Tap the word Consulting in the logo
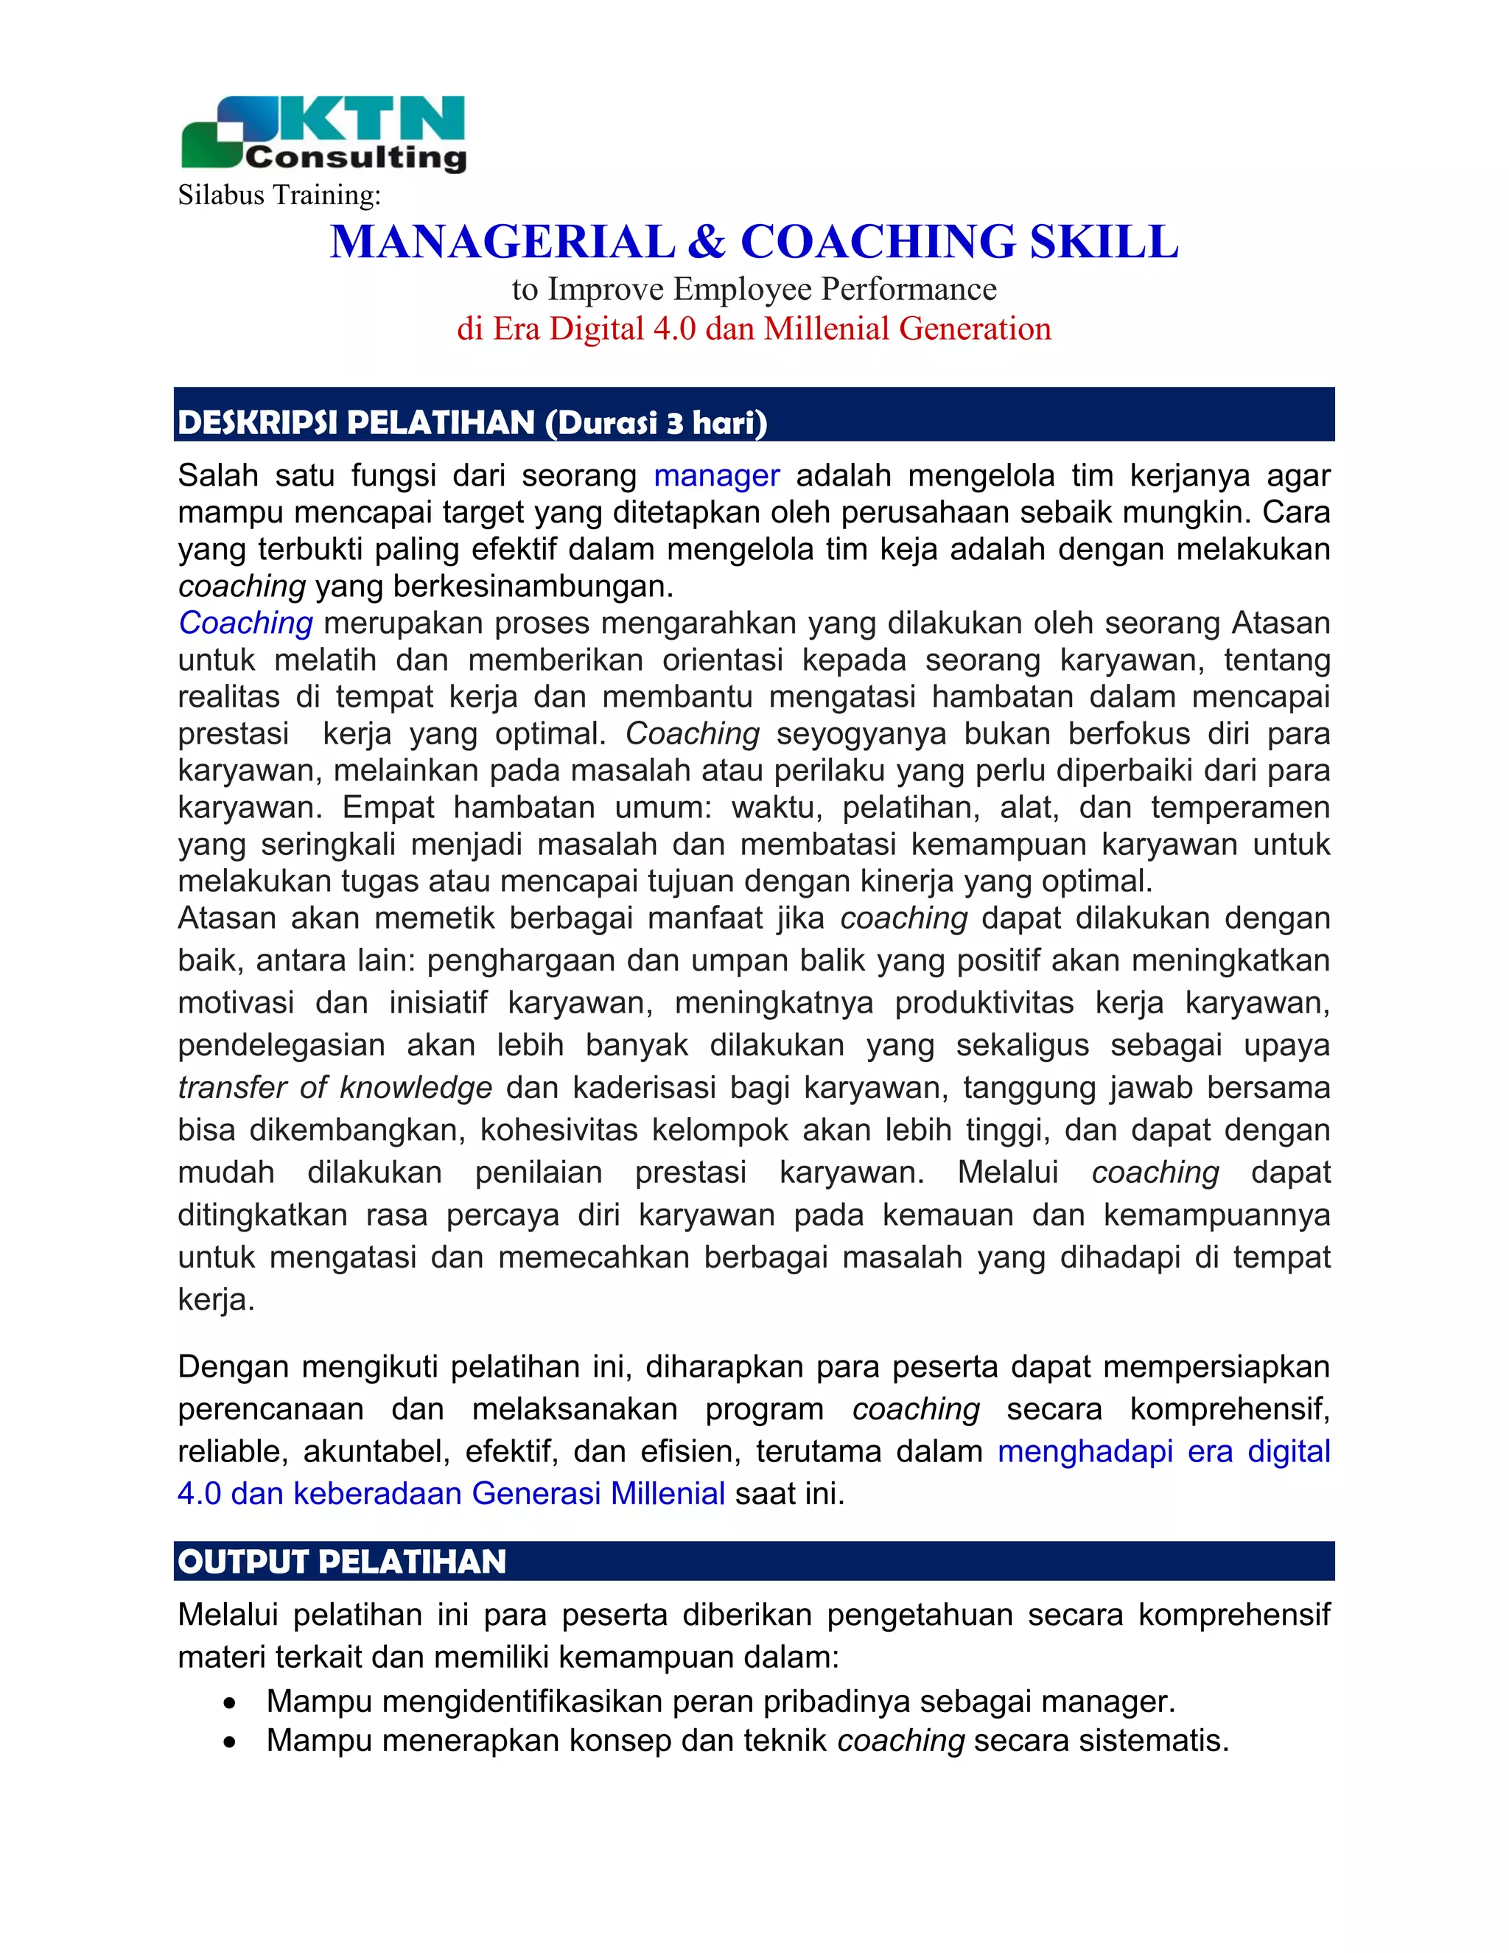(x=356, y=158)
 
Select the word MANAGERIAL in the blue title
(x=503, y=242)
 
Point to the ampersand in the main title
(x=707, y=242)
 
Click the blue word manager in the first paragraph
(x=717, y=476)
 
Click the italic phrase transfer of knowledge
(x=335, y=1089)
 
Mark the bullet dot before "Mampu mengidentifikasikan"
(x=231, y=1702)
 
